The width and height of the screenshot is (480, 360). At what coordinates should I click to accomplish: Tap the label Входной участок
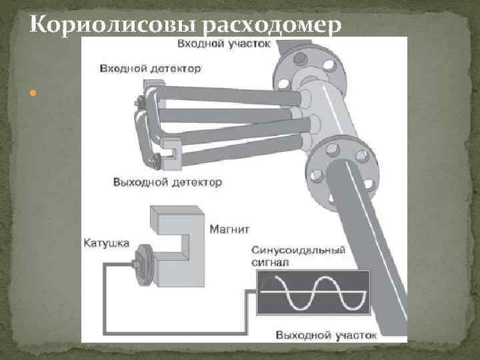223,44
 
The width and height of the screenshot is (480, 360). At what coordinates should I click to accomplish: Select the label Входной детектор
151,68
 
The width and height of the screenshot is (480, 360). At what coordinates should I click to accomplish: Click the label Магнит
229,229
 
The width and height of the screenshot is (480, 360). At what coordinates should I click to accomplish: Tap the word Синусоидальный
298,251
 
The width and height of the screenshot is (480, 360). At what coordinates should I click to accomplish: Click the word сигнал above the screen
269,263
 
